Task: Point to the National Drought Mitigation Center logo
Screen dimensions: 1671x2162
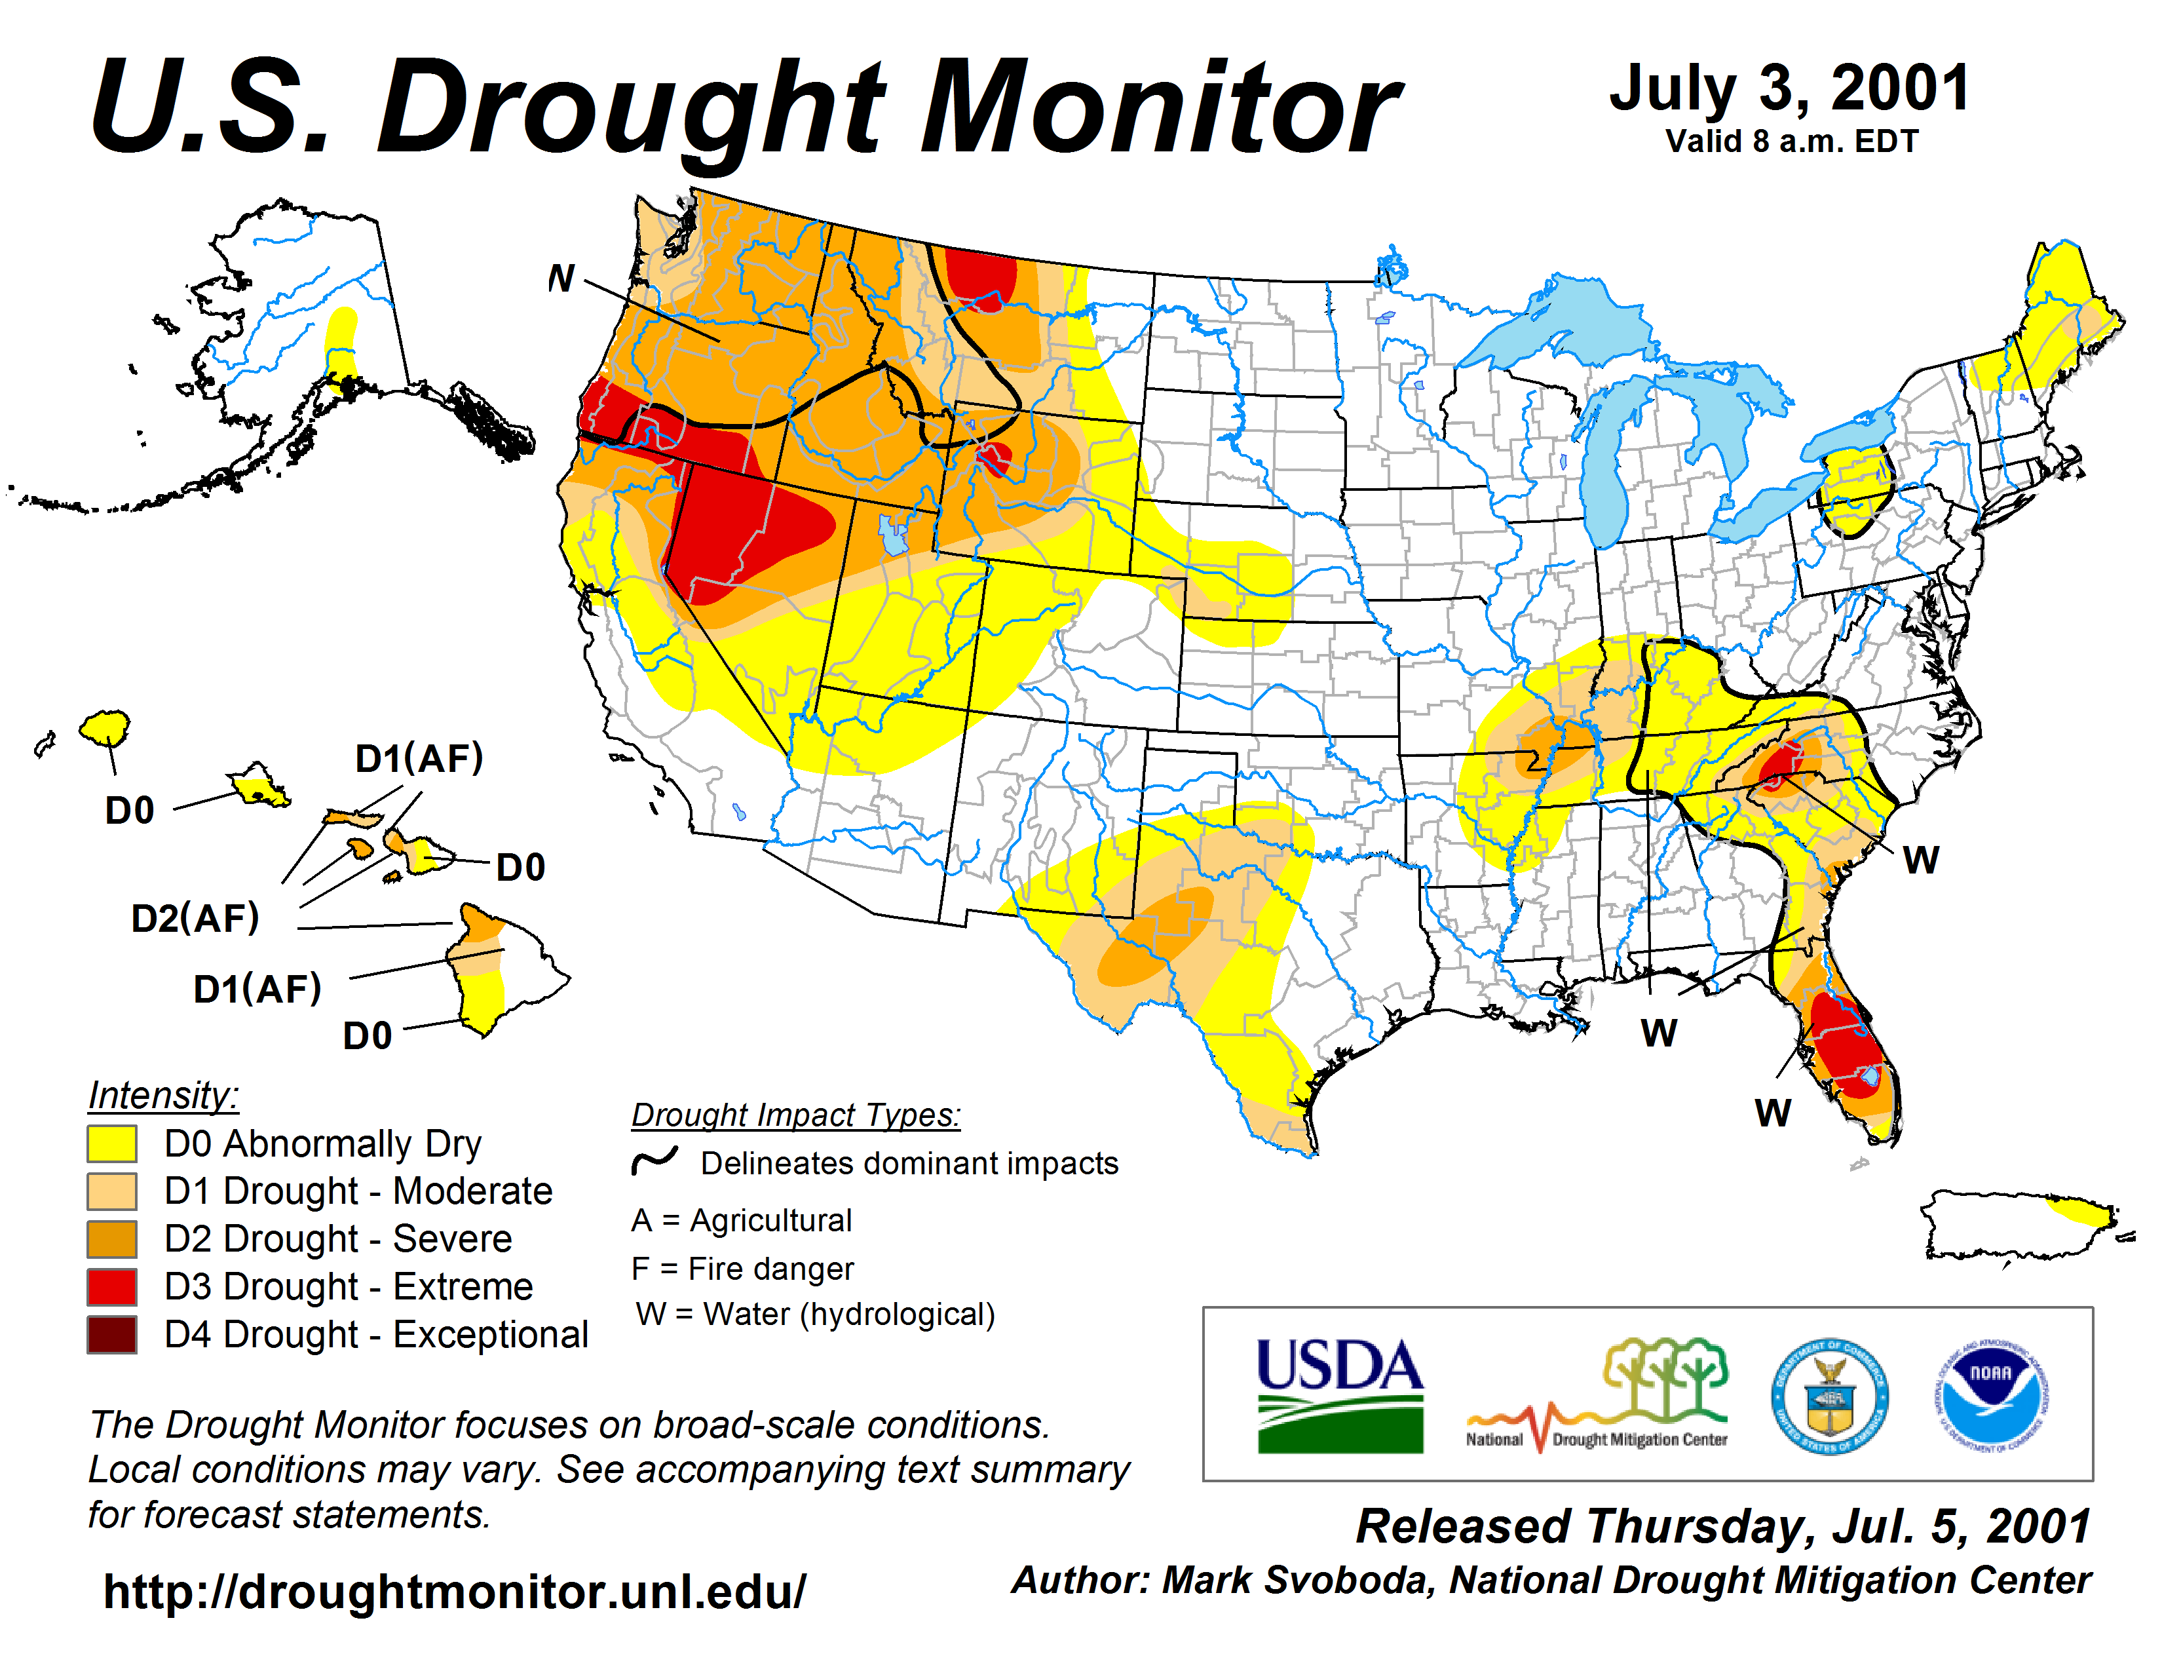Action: [1597, 1396]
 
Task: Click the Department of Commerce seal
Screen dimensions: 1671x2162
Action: [1829, 1396]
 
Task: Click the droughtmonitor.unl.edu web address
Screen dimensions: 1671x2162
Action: [455, 1592]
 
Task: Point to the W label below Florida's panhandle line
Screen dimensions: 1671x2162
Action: [1659, 1033]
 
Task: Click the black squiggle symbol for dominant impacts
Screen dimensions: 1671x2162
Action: [654, 1160]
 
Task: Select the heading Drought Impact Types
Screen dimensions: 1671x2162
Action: [796, 1115]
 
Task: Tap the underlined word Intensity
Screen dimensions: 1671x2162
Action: [163, 1096]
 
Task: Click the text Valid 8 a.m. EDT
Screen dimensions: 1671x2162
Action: [1792, 142]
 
